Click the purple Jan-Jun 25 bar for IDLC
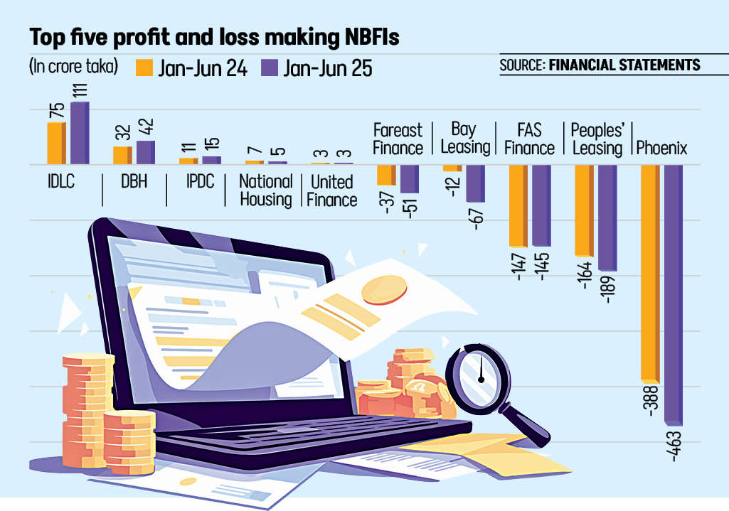point(79,133)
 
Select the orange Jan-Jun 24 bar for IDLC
point(55,143)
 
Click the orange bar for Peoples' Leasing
point(583,210)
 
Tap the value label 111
point(79,90)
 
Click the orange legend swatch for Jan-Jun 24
point(144,68)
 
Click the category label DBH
point(134,182)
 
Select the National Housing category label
point(266,190)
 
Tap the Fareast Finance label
point(398,139)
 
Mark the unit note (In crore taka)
point(73,67)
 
